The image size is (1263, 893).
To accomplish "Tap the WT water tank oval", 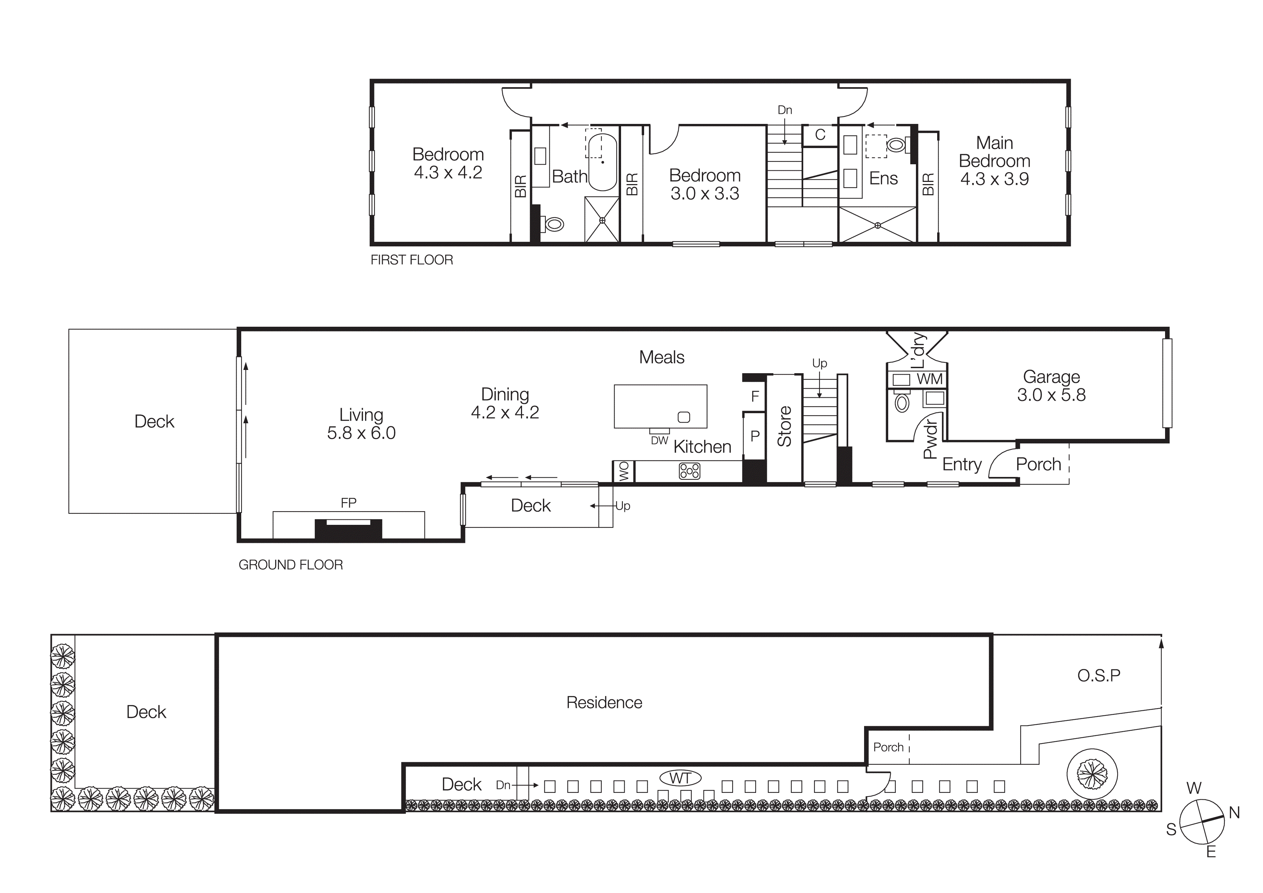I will pyautogui.click(x=680, y=778).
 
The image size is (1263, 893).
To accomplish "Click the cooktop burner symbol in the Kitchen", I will pyautogui.click(x=689, y=471).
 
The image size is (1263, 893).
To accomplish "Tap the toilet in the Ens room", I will pyautogui.click(x=896, y=145).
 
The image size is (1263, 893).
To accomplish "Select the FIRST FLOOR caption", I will pyautogui.click(x=412, y=260).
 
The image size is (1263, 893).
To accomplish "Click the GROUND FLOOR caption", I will pyautogui.click(x=291, y=564).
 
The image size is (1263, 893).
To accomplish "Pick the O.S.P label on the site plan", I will pyautogui.click(x=1098, y=675).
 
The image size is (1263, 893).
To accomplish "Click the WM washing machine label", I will pyautogui.click(x=929, y=379).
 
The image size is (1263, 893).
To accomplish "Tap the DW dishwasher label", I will pyautogui.click(x=659, y=441).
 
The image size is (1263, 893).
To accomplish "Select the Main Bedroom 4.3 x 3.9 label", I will pyautogui.click(x=994, y=161).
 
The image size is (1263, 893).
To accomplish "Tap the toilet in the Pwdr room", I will pyautogui.click(x=902, y=403).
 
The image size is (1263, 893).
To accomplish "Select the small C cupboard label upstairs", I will pyautogui.click(x=820, y=135).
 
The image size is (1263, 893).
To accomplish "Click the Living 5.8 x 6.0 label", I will pyautogui.click(x=361, y=424).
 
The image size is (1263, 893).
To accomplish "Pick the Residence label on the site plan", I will pyautogui.click(x=604, y=703).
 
